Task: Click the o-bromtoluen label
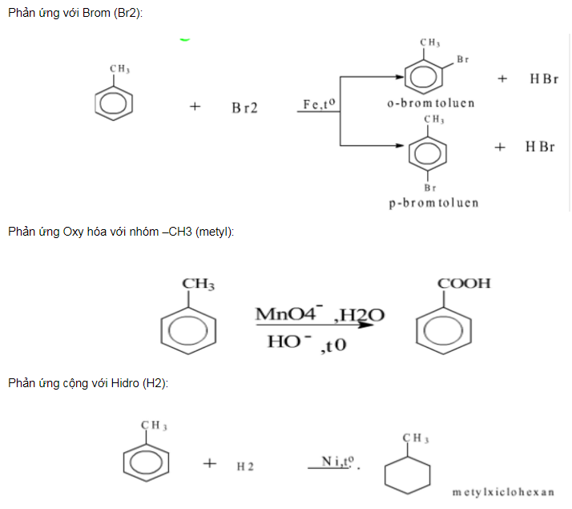point(431,103)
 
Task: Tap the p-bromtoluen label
point(433,203)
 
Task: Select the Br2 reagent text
point(245,107)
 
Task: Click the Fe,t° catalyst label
point(318,105)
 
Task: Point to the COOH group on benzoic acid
point(464,284)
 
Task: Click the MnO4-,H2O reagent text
point(319,314)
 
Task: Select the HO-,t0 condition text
point(301,343)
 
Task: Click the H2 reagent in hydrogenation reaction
point(245,466)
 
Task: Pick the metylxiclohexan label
point(503,491)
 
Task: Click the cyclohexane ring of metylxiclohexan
point(408,474)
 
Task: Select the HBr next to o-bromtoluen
point(543,79)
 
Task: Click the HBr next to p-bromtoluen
point(540,147)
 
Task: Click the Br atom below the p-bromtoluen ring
point(430,187)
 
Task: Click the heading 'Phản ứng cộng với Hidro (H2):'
point(88,384)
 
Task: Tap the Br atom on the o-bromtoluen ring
point(462,59)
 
